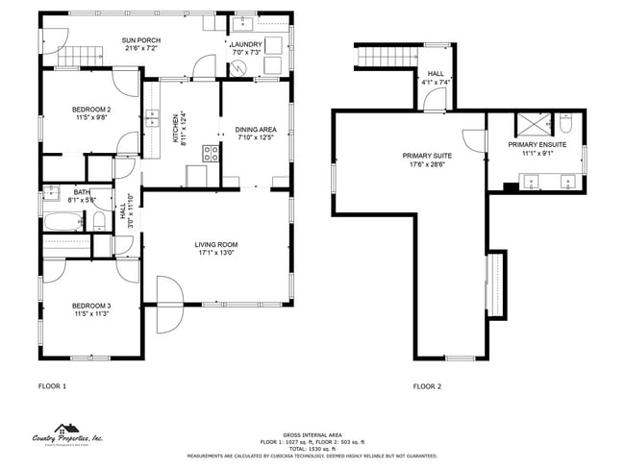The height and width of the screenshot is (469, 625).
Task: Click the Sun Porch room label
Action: tap(140, 40)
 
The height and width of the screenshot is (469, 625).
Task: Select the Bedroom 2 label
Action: tap(91, 110)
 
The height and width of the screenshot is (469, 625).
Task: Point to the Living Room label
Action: tap(217, 244)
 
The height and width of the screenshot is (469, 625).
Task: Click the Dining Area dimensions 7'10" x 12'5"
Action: tap(256, 137)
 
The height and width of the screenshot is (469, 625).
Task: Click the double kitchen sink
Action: tap(152, 118)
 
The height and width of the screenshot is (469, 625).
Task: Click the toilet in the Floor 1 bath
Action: tap(99, 222)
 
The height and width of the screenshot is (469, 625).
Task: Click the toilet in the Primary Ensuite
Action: tap(566, 123)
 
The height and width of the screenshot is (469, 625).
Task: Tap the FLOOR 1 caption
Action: tap(52, 386)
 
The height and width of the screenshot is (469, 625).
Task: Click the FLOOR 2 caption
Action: tap(427, 386)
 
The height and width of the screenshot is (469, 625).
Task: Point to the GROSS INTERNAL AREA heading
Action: tap(312, 433)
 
